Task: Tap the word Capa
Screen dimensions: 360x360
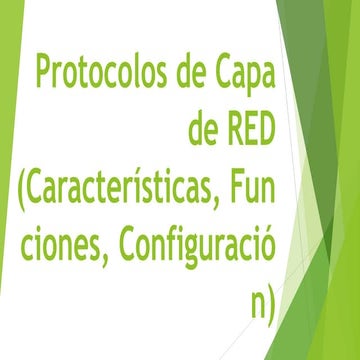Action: click(242, 74)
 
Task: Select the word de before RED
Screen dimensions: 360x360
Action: click(203, 130)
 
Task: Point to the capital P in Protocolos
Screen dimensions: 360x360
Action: click(45, 74)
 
